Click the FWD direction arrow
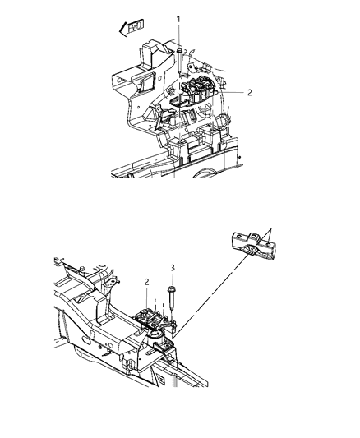click(x=130, y=29)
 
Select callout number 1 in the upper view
click(x=178, y=18)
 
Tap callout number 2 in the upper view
click(x=247, y=93)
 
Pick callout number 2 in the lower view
click(x=145, y=283)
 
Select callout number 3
click(x=173, y=268)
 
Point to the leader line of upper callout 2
click(x=230, y=93)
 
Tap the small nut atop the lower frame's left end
click(x=85, y=270)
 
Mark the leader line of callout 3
click(x=173, y=277)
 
